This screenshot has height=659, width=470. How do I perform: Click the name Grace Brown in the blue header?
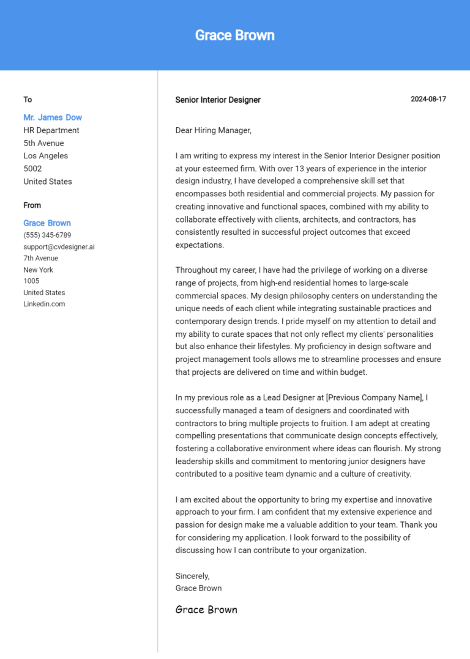(x=234, y=35)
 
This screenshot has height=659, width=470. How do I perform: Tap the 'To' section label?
(x=28, y=100)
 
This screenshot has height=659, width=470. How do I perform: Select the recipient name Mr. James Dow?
(x=53, y=117)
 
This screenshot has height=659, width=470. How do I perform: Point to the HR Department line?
(x=51, y=130)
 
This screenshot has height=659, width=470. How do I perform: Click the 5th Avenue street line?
(x=43, y=143)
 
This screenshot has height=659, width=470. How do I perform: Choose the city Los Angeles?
(x=46, y=156)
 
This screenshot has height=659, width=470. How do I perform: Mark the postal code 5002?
(x=32, y=169)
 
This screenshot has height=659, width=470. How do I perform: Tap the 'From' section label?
(x=32, y=205)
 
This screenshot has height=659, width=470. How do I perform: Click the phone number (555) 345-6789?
(x=47, y=235)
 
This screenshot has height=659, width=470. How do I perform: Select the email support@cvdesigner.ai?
(x=59, y=247)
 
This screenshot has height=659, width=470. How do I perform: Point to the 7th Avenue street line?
(x=41, y=259)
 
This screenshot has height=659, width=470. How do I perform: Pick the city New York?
(x=39, y=270)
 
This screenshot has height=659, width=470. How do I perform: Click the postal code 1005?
(x=31, y=281)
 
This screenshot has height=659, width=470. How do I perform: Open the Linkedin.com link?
(x=44, y=304)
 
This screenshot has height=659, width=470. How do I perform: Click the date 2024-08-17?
(x=428, y=100)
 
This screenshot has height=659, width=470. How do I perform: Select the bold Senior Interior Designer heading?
(x=218, y=100)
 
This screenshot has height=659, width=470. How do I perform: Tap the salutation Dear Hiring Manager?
(x=214, y=130)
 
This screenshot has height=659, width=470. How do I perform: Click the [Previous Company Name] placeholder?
(x=375, y=398)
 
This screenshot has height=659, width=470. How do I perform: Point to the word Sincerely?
(x=192, y=576)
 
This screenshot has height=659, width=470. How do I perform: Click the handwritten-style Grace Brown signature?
(x=206, y=609)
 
